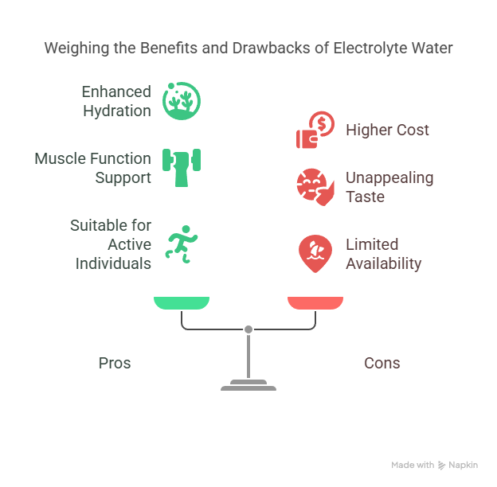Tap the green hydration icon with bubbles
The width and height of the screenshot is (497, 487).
click(181, 101)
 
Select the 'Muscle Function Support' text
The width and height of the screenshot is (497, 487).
click(92, 168)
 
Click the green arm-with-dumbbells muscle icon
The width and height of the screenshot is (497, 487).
click(181, 166)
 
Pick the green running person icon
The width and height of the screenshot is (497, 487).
click(180, 243)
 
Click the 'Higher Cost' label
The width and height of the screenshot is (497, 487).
click(387, 130)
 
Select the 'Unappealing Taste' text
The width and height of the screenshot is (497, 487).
click(389, 187)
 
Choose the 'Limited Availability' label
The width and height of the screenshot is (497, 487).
click(383, 254)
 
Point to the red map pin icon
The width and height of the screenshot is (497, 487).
click(315, 253)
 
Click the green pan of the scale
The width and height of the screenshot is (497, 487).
click(182, 302)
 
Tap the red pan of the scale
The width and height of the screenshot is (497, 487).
click(315, 302)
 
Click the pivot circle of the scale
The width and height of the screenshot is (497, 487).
click(248, 329)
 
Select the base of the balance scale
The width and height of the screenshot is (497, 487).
click(248, 387)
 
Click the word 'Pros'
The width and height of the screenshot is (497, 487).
click(115, 363)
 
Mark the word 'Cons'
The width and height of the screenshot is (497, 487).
click(382, 363)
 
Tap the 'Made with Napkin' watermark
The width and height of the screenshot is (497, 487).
click(434, 466)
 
